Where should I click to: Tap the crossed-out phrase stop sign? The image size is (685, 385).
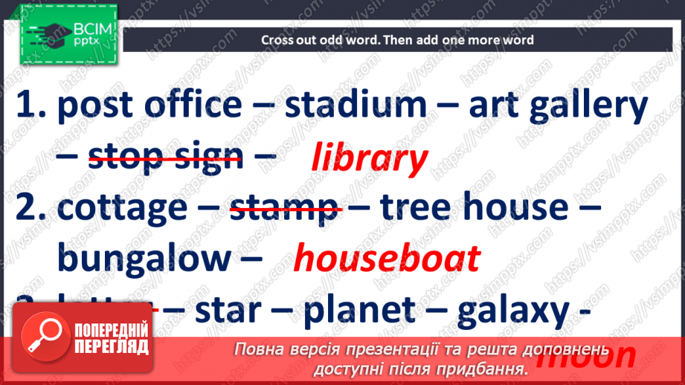(165, 157)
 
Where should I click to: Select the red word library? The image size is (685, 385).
(369, 158)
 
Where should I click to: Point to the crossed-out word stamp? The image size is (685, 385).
(283, 209)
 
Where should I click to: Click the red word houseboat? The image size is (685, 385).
(387, 259)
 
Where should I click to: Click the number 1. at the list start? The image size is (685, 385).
(30, 106)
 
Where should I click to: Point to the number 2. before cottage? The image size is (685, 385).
(30, 209)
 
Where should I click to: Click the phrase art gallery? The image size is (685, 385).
(558, 106)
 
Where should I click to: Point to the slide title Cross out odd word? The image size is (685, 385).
(397, 40)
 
